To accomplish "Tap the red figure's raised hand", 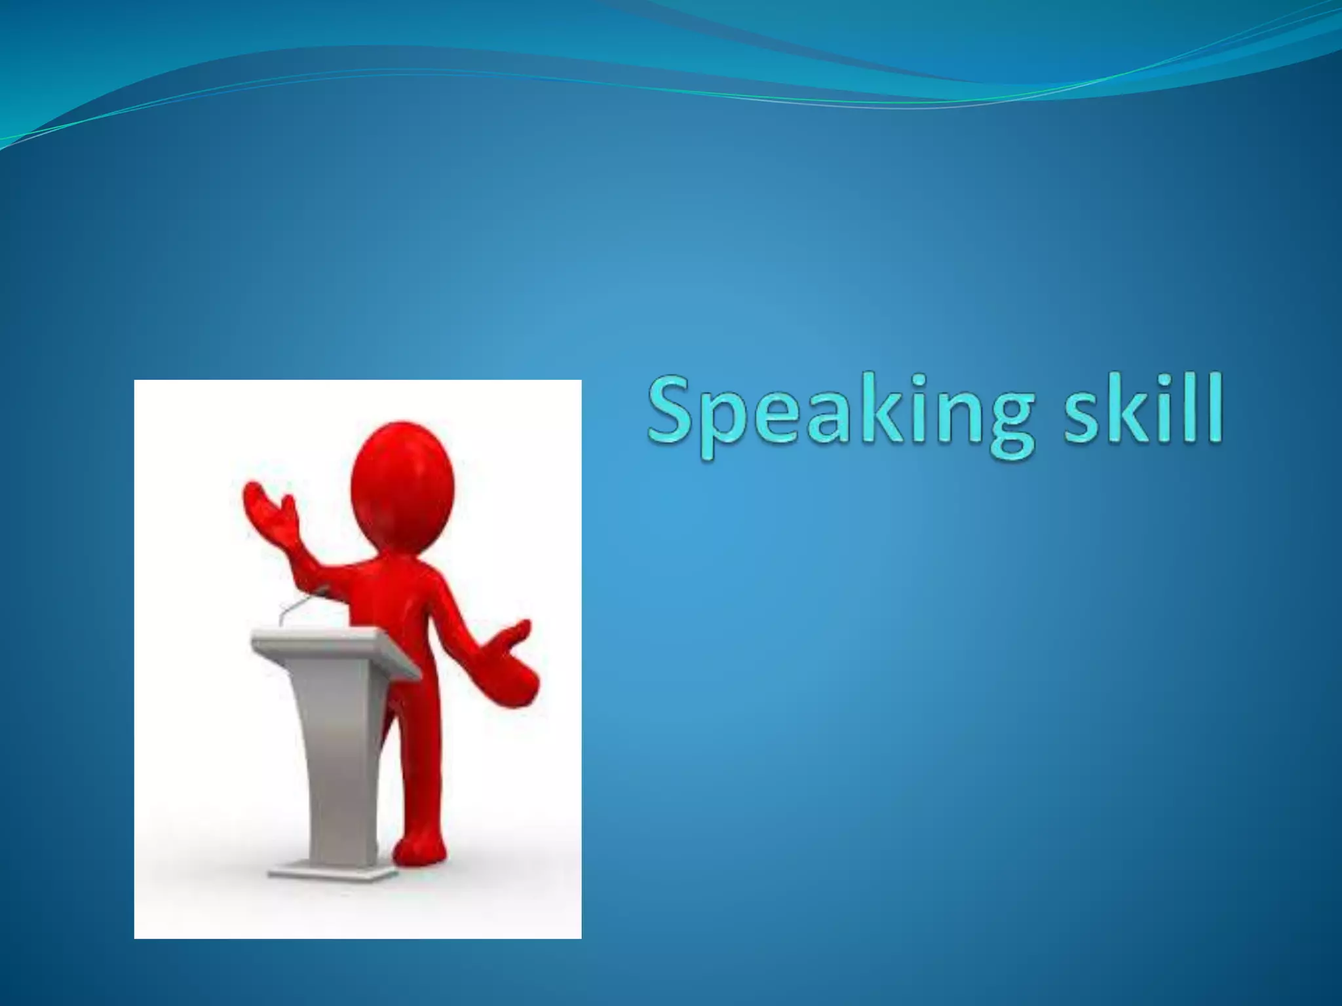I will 269,511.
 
